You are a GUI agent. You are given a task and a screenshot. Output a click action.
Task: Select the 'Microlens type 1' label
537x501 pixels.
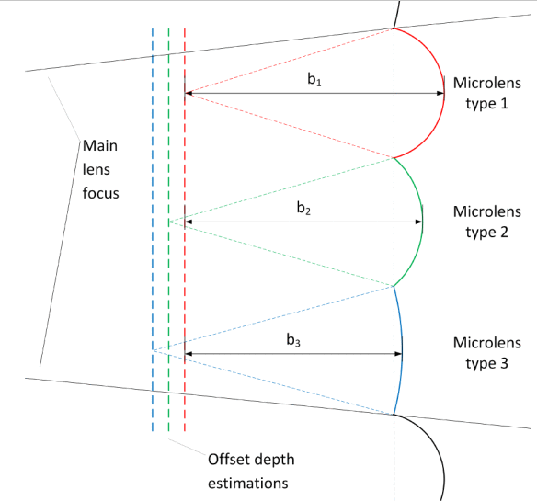(x=486, y=94)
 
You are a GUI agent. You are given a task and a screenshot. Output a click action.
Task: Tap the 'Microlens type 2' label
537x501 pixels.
(x=486, y=222)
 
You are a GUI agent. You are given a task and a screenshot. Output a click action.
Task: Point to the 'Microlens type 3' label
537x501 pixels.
(x=486, y=353)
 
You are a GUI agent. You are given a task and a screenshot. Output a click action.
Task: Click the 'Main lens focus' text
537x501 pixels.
(x=100, y=169)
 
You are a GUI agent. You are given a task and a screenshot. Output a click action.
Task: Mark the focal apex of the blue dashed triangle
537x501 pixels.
(x=153, y=350)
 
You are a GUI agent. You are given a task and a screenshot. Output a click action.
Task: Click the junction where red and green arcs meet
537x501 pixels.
(x=394, y=158)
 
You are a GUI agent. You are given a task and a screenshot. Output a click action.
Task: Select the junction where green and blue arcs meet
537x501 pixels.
(x=394, y=286)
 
